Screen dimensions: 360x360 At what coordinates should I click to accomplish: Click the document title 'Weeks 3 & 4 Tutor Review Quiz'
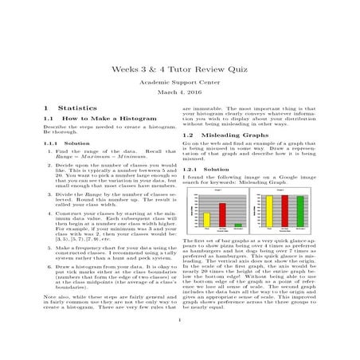180,69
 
